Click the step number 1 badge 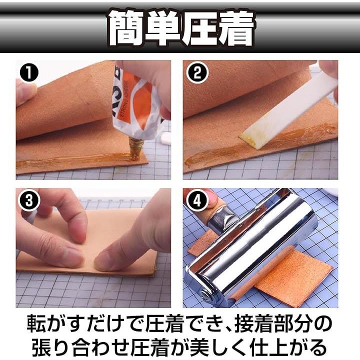[x=29, y=73]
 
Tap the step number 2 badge [x=197, y=73]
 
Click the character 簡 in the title [x=126, y=28]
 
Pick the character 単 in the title [x=162, y=28]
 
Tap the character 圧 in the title [x=199, y=28]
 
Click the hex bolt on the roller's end [x=206, y=295]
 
